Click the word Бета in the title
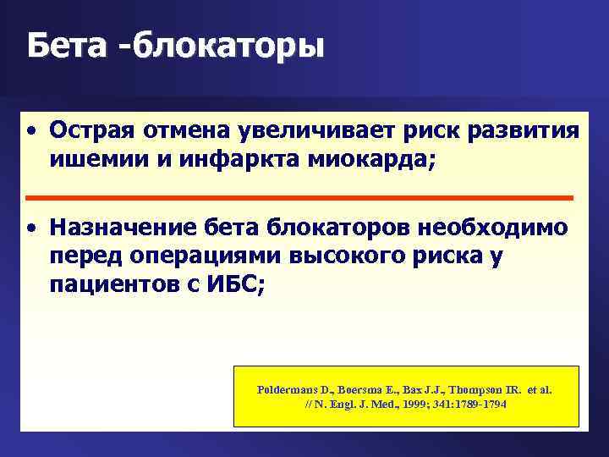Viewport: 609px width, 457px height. pyautogui.click(x=64, y=47)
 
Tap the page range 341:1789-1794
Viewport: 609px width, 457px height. pyautogui.click(x=466, y=405)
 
